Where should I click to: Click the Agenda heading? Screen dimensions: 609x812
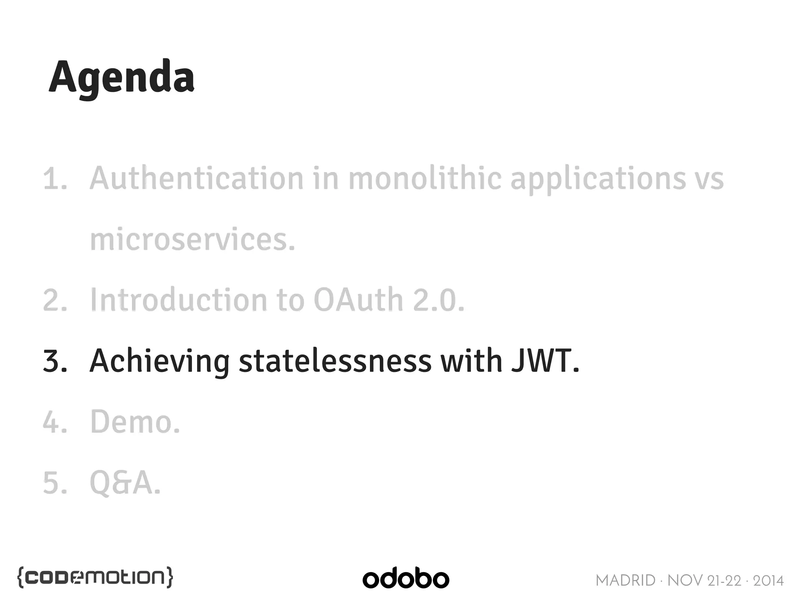point(121,77)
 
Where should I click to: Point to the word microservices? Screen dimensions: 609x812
point(193,240)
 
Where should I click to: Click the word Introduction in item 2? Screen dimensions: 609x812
point(179,300)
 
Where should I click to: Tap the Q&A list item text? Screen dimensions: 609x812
point(125,483)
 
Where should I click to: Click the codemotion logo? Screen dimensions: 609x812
point(95,578)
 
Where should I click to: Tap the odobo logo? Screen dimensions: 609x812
point(406,579)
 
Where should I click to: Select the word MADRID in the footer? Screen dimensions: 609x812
point(625,581)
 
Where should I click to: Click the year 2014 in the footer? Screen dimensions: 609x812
point(768,581)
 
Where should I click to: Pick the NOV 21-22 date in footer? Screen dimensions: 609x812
point(704,581)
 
